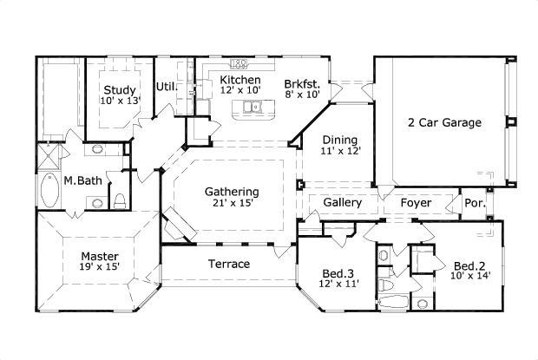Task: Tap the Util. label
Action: [x=166, y=87]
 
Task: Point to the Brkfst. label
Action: [x=302, y=83]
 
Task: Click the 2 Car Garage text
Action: [x=444, y=122]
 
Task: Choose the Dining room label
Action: [x=340, y=139]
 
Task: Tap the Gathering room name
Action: [x=232, y=191]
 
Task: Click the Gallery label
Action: [x=342, y=203]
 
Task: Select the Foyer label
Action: [x=416, y=203]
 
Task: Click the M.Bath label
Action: [x=80, y=181]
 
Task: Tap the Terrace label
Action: [x=230, y=264]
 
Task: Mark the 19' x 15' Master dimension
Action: [x=101, y=269]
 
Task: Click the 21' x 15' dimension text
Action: [x=232, y=204]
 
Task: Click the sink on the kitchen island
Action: [x=253, y=108]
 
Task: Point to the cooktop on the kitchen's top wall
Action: [x=240, y=63]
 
